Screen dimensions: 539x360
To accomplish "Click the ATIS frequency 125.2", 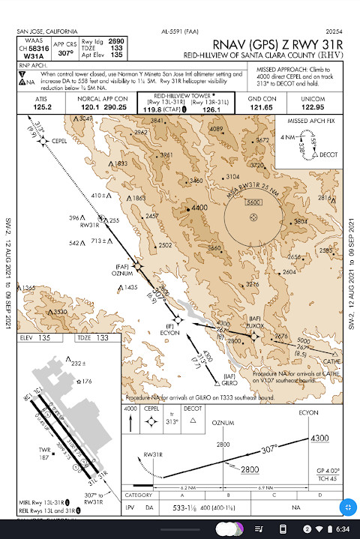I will click(42, 107).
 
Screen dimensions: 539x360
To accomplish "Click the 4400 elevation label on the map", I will click(199, 207).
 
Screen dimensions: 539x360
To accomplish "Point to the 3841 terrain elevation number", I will click(157, 121).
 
